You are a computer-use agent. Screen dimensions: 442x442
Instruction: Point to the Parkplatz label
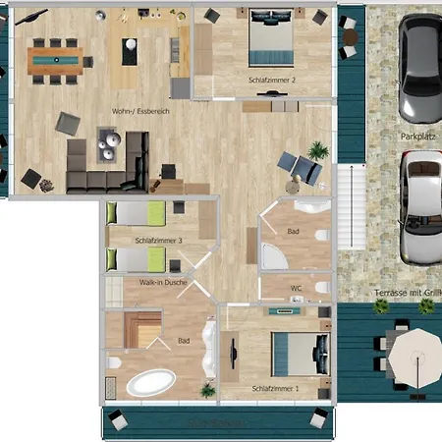pyautogui.click(x=416, y=137)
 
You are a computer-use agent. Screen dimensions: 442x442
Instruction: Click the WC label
pyautogui.click(x=296, y=289)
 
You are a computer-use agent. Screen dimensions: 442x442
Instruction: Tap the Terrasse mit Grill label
pyautogui.click(x=404, y=293)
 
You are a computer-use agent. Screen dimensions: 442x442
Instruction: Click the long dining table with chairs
pyautogui.click(x=56, y=60)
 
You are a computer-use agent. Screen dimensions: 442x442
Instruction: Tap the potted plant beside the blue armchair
pyautogui.click(x=317, y=151)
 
